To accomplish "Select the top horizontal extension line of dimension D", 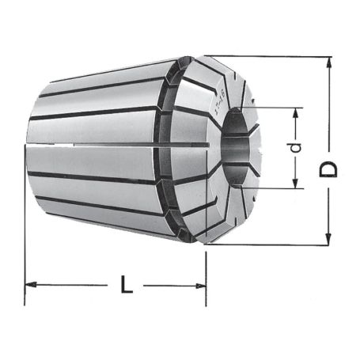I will pyautogui.click(x=269, y=56).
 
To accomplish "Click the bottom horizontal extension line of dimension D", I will pyautogui.click(x=269, y=244).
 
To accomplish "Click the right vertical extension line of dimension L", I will pyautogui.click(x=206, y=269).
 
